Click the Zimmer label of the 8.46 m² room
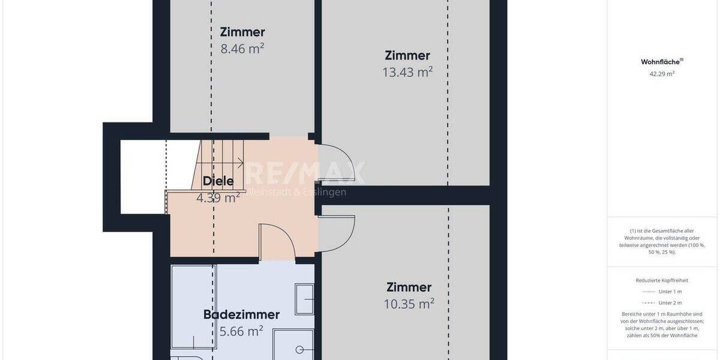point(242,32)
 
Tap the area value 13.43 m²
point(407,72)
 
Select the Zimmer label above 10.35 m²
point(409,287)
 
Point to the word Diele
point(218,181)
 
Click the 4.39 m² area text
point(218,197)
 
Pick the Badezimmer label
point(241,314)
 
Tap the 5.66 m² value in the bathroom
point(241,331)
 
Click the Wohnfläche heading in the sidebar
point(661,62)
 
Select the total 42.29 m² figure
point(662,74)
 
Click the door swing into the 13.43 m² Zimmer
point(342,164)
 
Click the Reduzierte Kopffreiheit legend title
point(662,280)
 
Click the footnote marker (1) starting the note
point(633,230)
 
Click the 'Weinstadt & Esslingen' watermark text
point(297,193)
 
